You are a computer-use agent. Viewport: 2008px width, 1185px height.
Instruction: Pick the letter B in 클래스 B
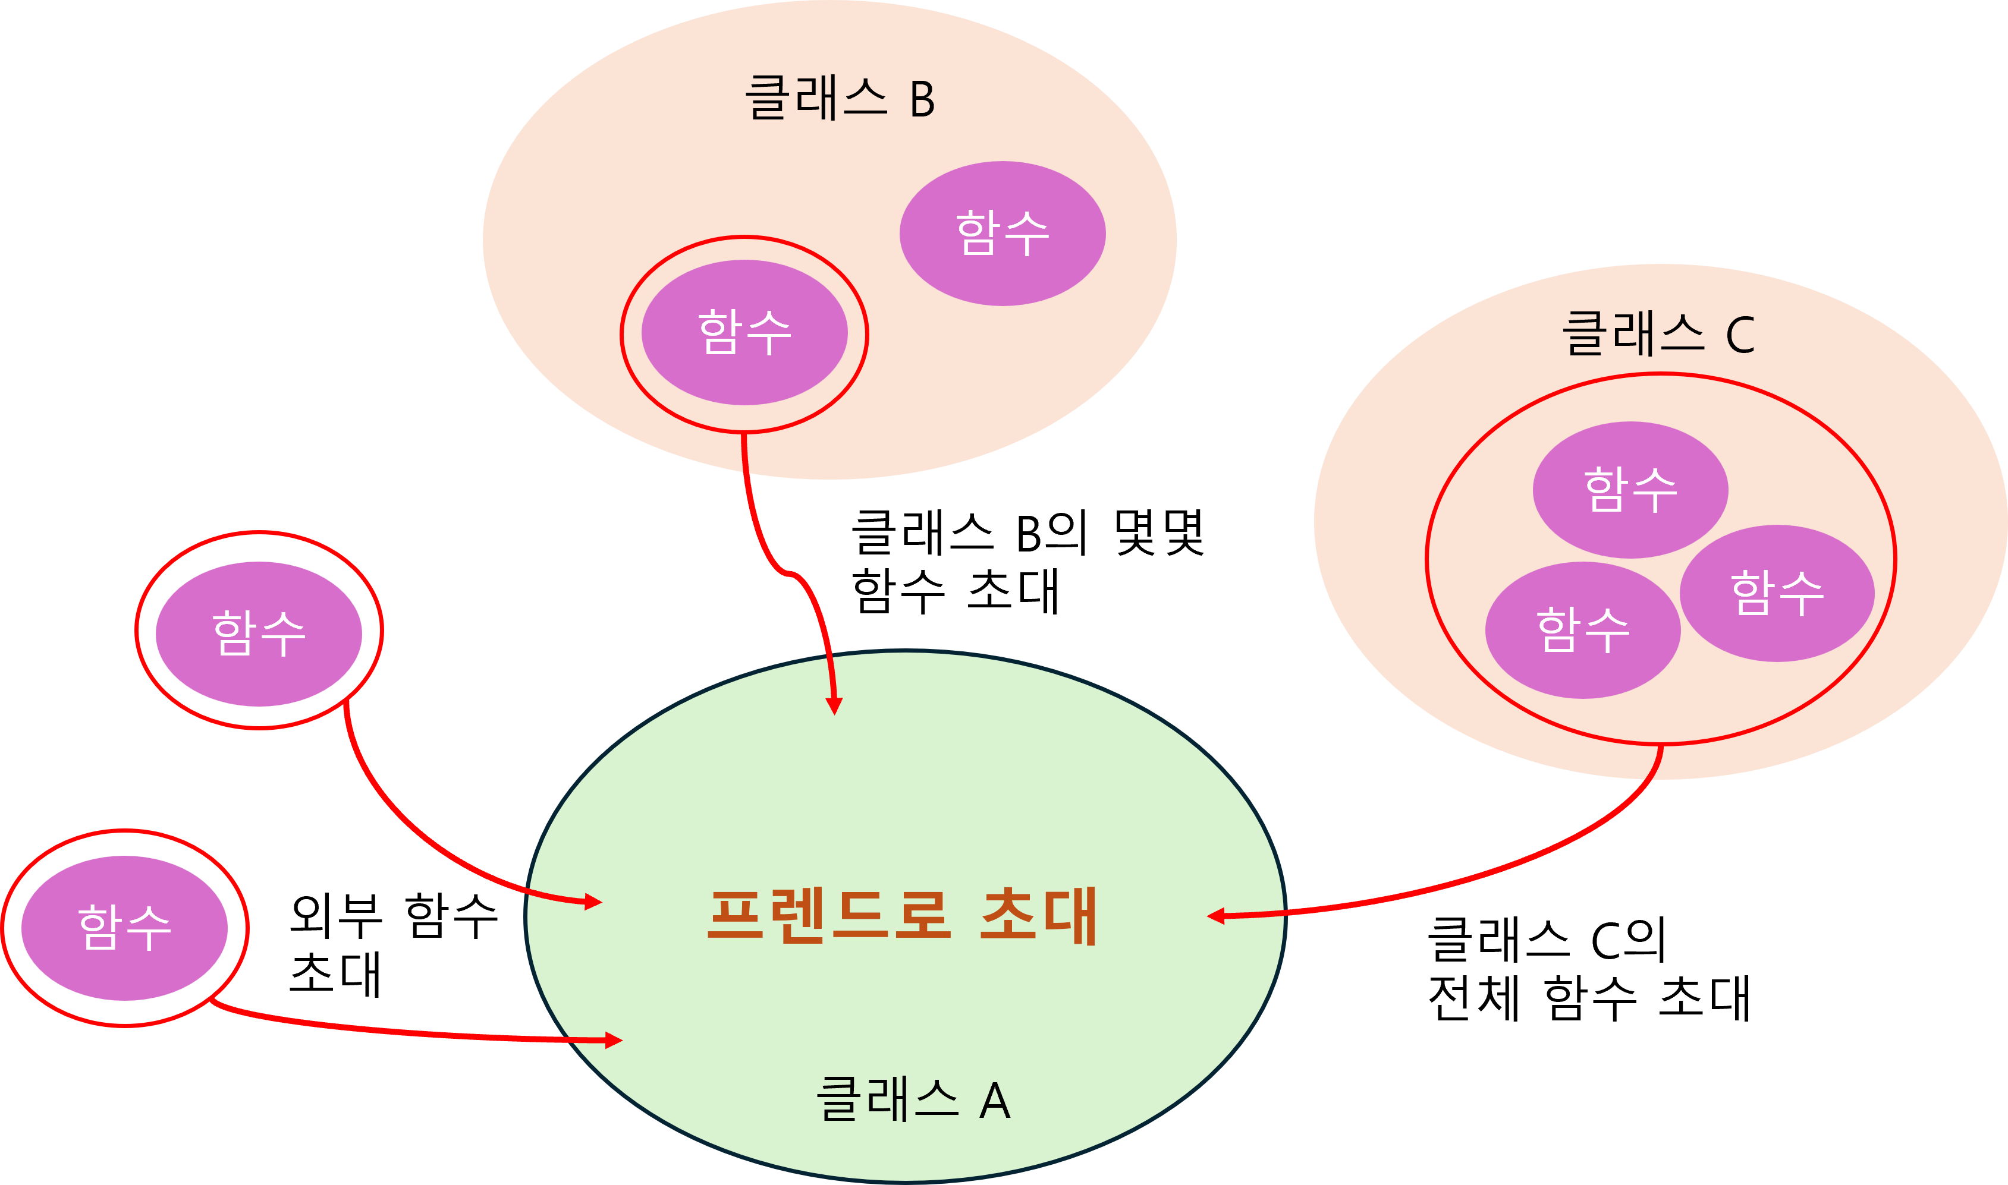[922, 100]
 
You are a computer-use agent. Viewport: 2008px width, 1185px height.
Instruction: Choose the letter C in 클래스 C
[1740, 335]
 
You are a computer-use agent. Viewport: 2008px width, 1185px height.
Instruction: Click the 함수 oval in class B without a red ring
[1003, 233]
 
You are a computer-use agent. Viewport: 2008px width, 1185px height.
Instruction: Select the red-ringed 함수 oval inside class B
[744, 332]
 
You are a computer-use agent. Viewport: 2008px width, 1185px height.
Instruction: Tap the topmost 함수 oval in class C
[1630, 490]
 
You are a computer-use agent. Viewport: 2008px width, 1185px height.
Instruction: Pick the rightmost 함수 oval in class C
[1777, 592]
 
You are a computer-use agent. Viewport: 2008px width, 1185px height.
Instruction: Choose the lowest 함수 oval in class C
[1583, 630]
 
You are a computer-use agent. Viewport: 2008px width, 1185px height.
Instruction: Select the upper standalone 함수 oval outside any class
[259, 634]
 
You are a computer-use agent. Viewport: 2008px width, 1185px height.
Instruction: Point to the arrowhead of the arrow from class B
[834, 706]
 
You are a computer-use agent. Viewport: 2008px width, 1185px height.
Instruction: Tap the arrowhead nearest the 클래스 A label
[614, 1039]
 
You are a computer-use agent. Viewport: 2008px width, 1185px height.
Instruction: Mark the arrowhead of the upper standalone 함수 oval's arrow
[593, 902]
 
